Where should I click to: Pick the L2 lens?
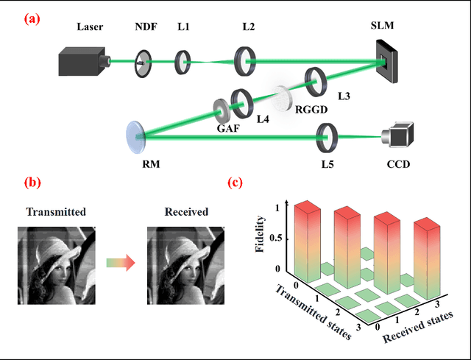click(x=245, y=60)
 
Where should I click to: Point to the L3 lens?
click(x=316, y=81)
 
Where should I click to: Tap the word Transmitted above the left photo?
click(x=56, y=212)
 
